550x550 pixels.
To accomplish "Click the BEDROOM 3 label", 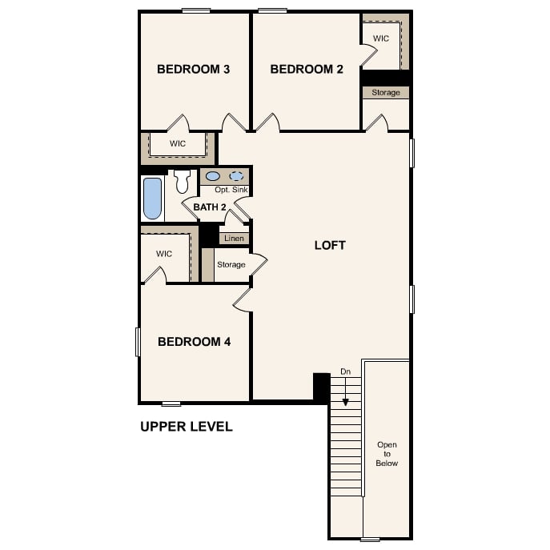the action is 193,69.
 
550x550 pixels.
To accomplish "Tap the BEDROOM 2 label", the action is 307,69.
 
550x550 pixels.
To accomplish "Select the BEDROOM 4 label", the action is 195,342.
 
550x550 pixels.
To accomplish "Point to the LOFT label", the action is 330,245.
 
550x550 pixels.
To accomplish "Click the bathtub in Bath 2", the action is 153,199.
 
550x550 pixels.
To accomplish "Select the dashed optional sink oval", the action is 236,176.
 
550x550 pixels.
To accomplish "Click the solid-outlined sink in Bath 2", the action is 213,176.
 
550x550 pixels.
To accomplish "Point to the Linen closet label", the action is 234,239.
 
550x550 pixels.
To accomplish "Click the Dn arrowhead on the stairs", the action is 346,402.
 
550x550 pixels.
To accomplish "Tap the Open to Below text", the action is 387,454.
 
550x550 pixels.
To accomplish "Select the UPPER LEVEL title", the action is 187,427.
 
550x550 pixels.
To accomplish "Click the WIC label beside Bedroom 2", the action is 381,38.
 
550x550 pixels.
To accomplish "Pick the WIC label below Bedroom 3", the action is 178,143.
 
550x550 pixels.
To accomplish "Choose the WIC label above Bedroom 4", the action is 164,254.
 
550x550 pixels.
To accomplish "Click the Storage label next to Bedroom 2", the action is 386,93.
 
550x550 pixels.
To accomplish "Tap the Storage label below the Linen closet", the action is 231,264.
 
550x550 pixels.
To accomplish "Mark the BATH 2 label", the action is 210,207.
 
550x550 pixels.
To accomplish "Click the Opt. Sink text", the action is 231,190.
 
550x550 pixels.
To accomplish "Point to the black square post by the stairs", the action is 322,387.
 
